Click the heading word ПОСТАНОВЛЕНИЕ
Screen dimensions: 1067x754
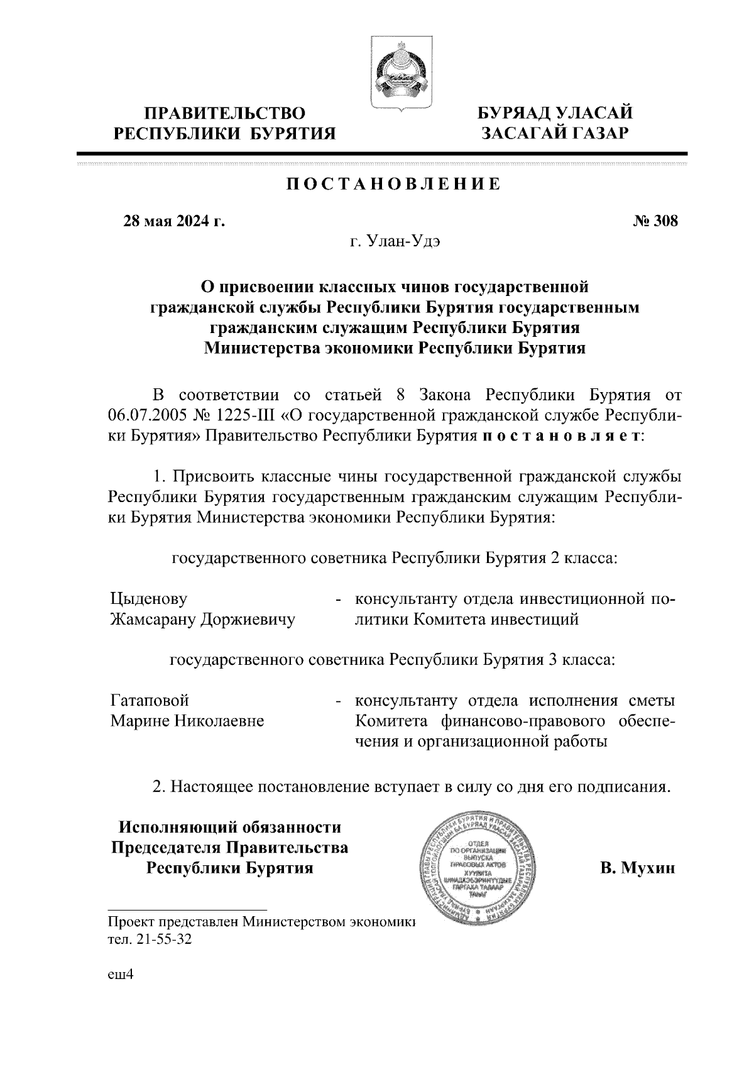(x=394, y=184)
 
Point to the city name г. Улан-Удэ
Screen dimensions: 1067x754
(x=395, y=243)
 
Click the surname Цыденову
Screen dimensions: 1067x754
(x=149, y=599)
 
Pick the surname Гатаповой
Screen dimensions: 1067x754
(x=150, y=700)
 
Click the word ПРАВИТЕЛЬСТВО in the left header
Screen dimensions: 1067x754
(x=226, y=114)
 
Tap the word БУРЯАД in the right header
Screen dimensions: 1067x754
(x=515, y=114)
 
